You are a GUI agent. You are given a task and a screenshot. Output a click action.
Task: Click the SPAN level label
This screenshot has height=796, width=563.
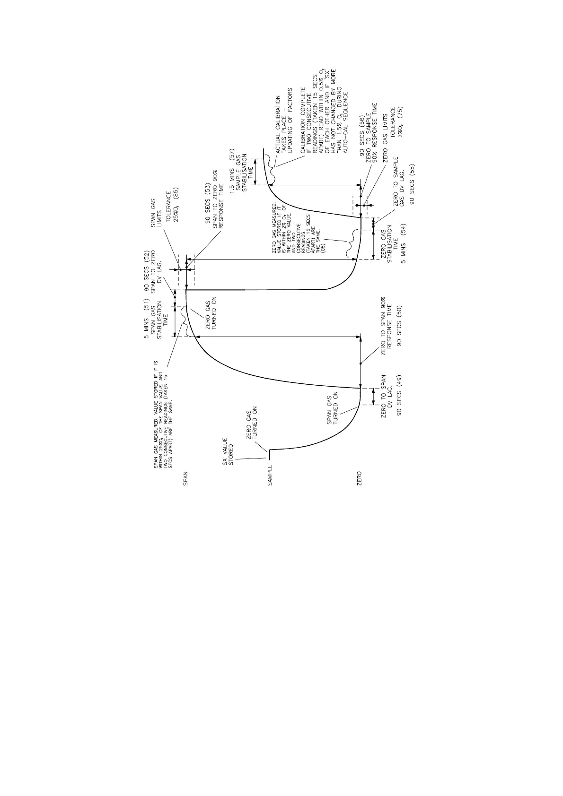(186, 478)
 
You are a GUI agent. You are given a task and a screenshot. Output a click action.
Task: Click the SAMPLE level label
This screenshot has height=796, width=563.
(269, 479)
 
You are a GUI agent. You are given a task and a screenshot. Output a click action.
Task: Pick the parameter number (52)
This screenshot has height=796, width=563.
(148, 256)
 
